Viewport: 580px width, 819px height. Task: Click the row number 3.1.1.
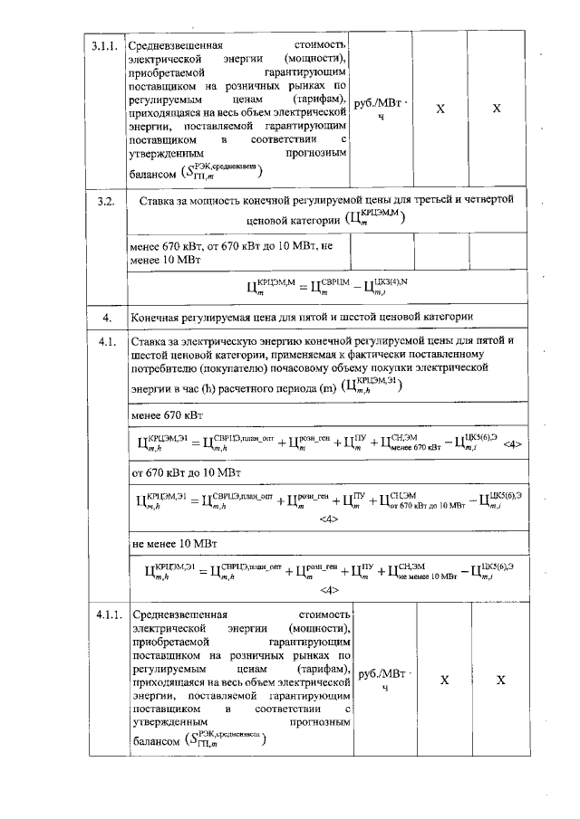pos(106,44)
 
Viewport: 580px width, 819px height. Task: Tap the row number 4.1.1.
pos(108,615)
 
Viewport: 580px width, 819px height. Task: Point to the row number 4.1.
pos(106,340)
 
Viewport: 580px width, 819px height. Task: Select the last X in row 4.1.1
pos(500,681)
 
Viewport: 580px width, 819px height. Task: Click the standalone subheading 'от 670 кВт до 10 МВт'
pos(189,472)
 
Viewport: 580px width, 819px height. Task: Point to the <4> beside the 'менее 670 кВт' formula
pos(511,444)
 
